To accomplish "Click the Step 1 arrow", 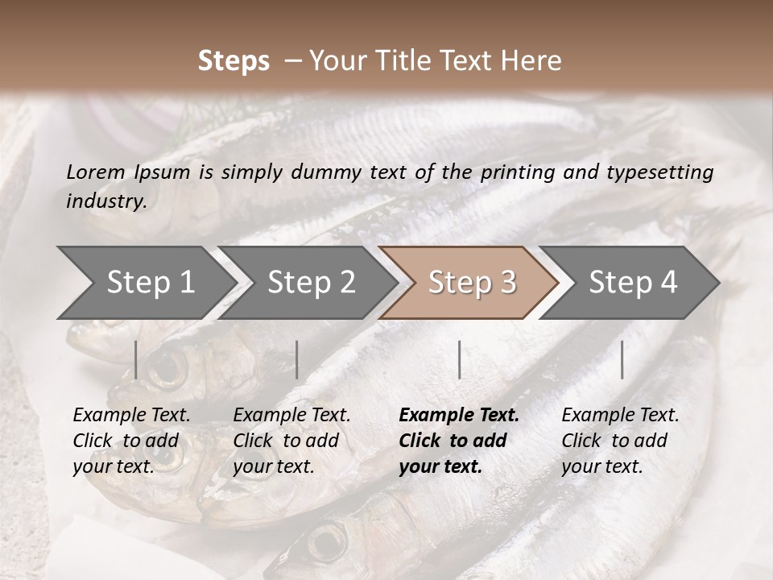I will point(150,283).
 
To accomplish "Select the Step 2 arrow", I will point(311,283).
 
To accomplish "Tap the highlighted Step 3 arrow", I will point(471,283).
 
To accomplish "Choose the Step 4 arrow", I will point(632,283).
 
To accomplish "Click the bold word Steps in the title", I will point(234,61).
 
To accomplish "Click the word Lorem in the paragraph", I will point(96,172).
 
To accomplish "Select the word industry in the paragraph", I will point(105,201).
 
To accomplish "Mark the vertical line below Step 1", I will point(136,359).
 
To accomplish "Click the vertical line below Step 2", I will point(297,359).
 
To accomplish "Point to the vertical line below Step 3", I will point(459,359).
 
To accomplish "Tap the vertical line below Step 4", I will point(622,359).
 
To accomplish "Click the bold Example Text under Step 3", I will point(459,416).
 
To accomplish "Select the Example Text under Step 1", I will point(131,416).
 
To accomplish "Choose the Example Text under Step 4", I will point(620,416).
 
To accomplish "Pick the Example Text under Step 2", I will point(291,416).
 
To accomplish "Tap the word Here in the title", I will point(533,61).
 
